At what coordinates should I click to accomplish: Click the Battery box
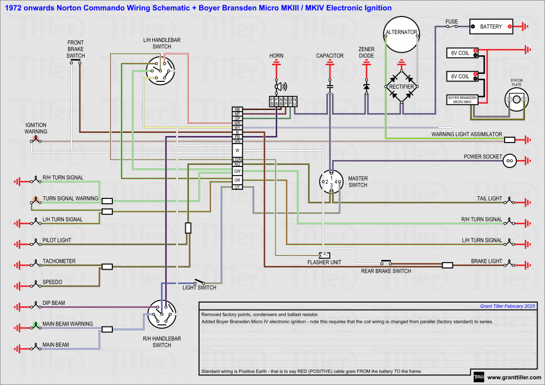pos(491,26)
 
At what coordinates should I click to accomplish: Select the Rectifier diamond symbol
pos(401,86)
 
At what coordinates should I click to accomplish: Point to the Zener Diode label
pos(366,52)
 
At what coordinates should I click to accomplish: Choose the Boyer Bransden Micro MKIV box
pos(462,100)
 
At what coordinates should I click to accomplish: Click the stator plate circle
pos(516,99)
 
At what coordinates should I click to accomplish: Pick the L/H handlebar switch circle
pos(160,71)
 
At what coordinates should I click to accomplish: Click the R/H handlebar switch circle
pos(162,314)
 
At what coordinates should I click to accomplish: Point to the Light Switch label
pos(199,288)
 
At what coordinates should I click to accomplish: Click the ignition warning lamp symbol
pos(36,140)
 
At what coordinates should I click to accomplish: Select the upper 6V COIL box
pos(461,53)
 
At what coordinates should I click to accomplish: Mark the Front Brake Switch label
pos(76,49)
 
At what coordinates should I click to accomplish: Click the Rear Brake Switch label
pos(386,271)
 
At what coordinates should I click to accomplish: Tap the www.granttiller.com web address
pos(514,378)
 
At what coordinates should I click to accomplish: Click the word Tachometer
pos(59,261)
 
